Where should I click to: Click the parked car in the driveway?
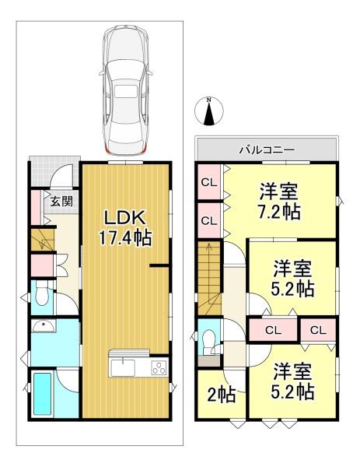(126, 90)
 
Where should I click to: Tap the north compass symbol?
(209, 111)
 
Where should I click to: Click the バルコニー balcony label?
(267, 149)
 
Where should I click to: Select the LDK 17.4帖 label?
(125, 228)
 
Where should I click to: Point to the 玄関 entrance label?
(61, 202)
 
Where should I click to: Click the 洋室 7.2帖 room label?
(279, 202)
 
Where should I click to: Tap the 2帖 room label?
(222, 395)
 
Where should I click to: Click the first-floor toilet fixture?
(42, 293)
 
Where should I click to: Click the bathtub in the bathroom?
(42, 394)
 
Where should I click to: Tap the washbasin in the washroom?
(44, 326)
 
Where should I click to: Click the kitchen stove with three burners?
(159, 367)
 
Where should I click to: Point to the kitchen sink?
(123, 367)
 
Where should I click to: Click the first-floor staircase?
(43, 240)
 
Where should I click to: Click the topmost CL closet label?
(209, 183)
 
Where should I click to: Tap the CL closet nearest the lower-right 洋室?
(318, 330)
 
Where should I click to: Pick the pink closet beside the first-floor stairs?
(42, 265)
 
